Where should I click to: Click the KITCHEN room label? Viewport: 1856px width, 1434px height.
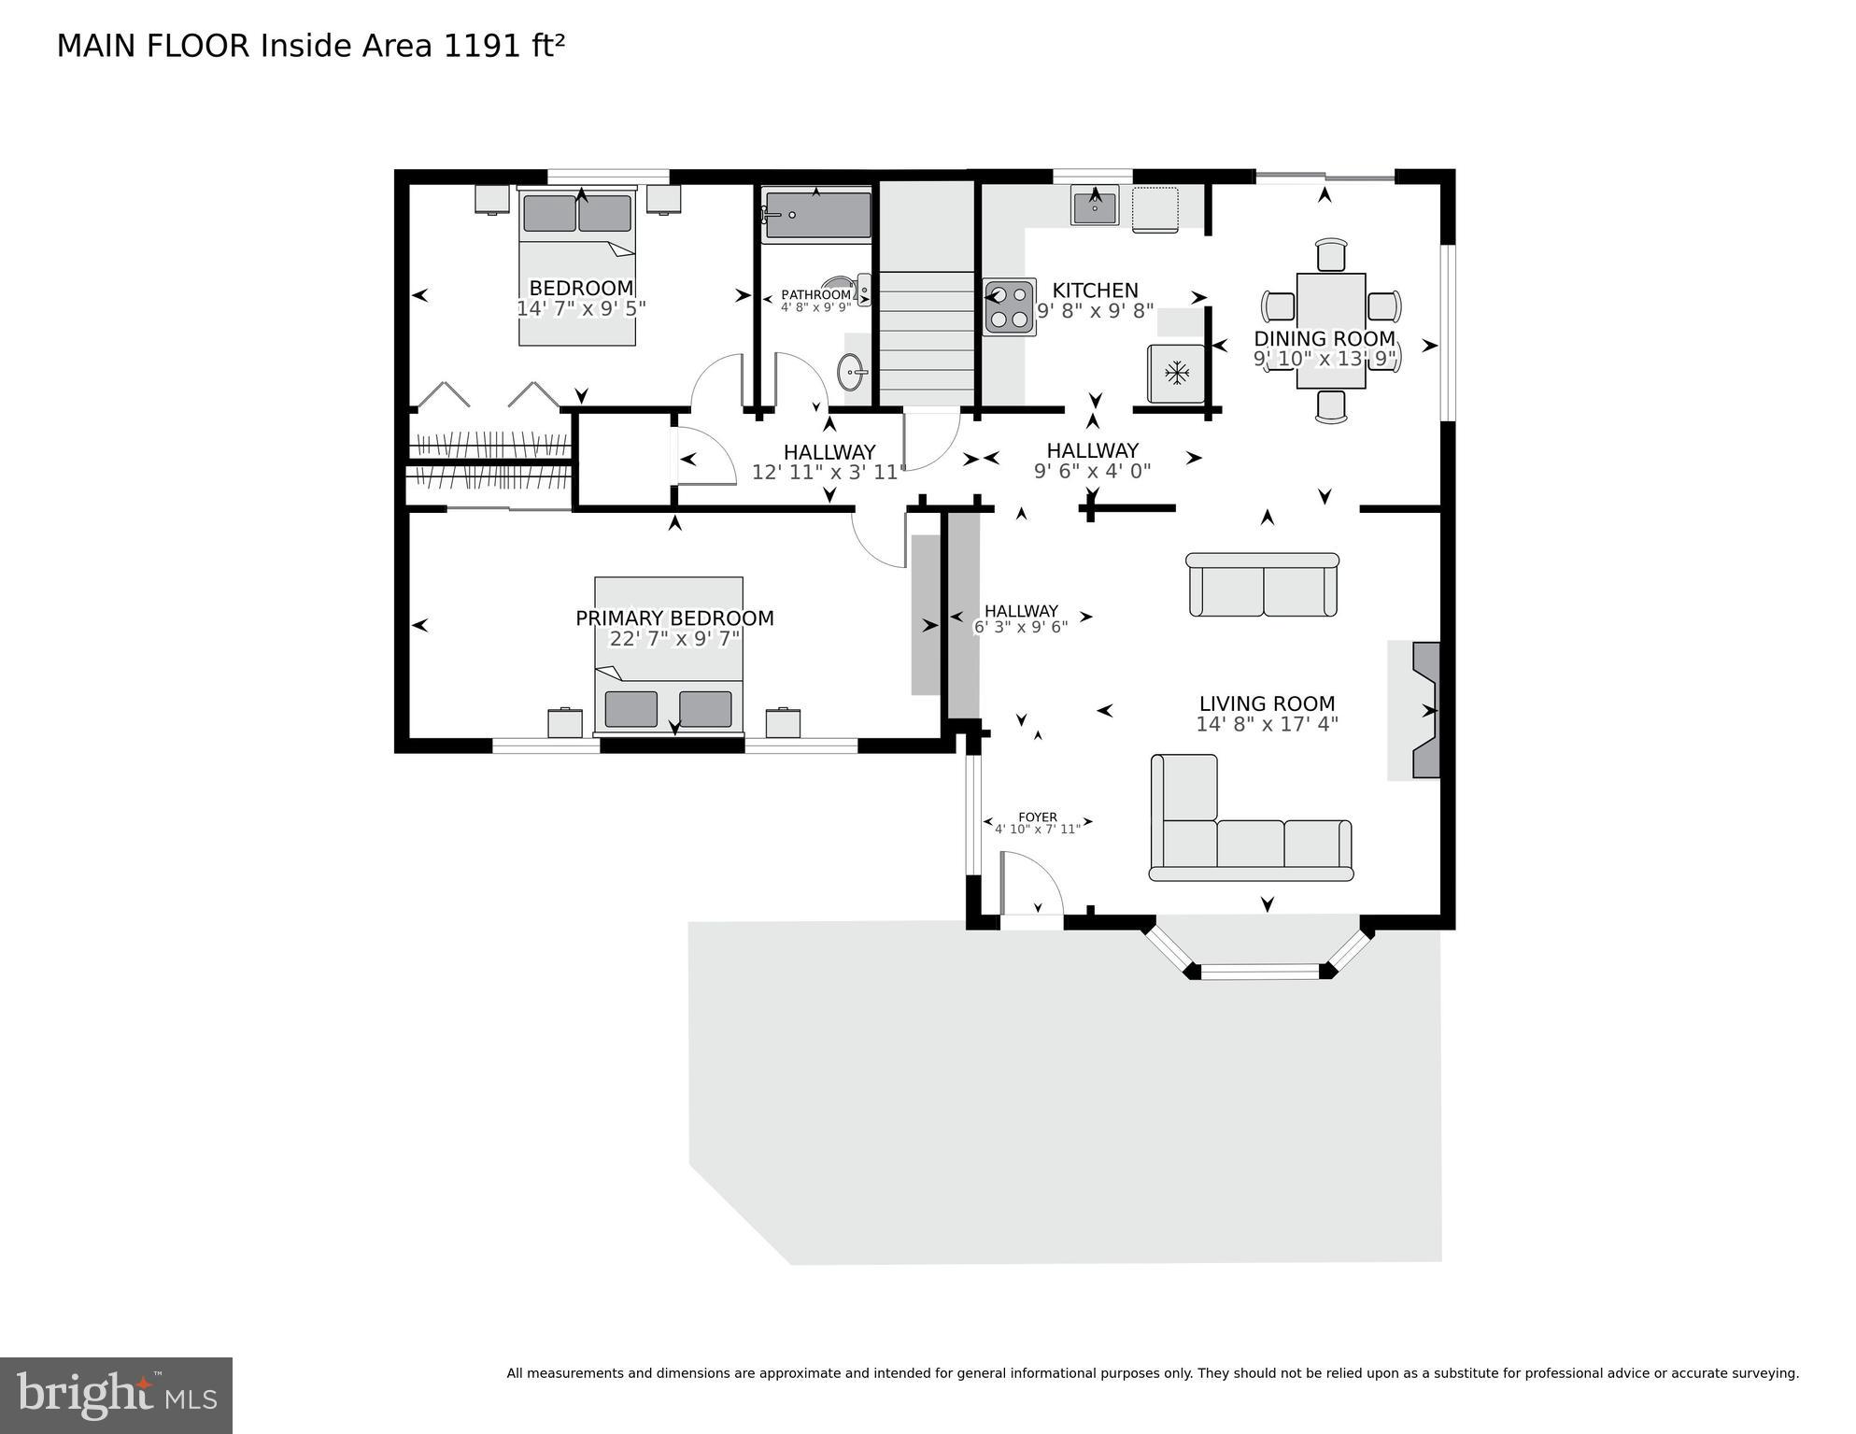[1095, 291]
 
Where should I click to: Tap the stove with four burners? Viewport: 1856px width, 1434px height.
[1009, 307]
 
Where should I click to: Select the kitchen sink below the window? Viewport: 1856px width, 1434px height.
[1095, 207]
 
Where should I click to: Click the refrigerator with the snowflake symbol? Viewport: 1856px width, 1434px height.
[1176, 374]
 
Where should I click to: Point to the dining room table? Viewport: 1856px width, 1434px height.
[1331, 330]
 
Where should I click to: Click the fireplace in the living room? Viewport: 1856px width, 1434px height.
[1424, 710]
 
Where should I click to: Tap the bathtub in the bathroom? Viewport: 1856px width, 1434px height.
[817, 215]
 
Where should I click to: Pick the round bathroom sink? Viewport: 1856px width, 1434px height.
[852, 372]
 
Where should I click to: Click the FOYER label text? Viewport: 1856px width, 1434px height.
[1038, 816]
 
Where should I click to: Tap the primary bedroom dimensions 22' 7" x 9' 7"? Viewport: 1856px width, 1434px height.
[674, 639]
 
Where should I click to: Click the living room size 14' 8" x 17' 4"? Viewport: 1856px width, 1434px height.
[1267, 724]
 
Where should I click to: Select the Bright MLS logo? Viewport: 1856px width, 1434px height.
[116, 1395]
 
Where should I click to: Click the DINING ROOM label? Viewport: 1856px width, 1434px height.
[1324, 338]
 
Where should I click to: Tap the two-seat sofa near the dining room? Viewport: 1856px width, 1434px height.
[1263, 586]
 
